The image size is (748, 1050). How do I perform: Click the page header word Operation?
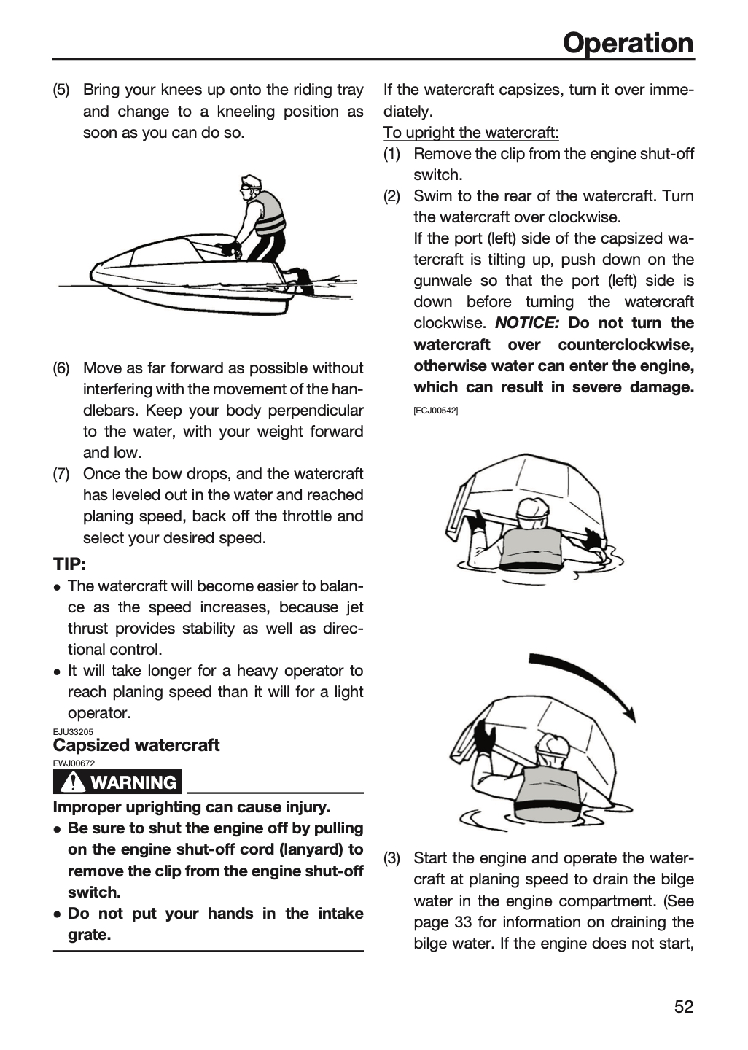628,43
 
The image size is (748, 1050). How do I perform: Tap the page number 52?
684,1006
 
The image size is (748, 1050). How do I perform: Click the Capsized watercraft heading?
136,745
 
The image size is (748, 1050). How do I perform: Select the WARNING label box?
117,782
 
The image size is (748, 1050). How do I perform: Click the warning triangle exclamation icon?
72,782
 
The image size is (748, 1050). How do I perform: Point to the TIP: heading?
69,564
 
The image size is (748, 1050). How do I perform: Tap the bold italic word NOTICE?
527,323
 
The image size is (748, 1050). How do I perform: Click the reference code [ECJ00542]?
435,411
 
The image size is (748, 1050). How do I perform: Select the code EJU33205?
73,732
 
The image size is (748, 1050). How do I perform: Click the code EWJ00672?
74,763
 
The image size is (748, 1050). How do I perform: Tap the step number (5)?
61,90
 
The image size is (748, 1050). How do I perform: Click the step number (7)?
61,474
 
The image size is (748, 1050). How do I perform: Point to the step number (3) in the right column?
391,858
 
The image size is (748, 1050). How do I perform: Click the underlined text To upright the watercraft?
471,133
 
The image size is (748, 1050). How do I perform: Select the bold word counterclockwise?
626,344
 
